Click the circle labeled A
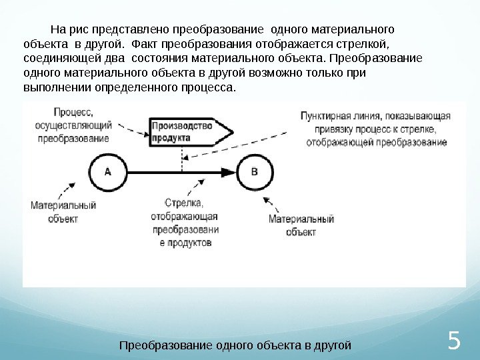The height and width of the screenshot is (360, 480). tap(108, 171)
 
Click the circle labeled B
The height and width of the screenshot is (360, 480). tap(254, 171)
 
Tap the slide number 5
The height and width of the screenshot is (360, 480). tap(454, 342)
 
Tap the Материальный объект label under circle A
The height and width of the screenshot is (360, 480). tap(63, 212)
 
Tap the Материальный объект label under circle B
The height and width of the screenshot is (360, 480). tap(301, 225)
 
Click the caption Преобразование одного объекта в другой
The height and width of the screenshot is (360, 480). tap(235, 345)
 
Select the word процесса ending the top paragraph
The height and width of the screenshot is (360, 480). tap(213, 87)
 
